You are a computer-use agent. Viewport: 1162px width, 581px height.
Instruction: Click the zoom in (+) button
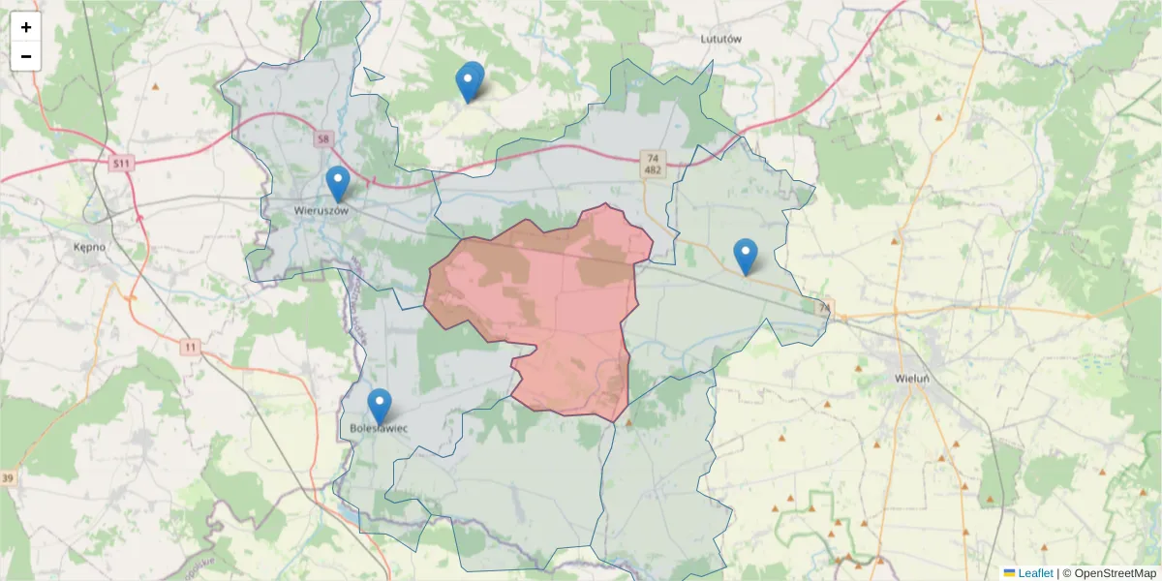pos(26,27)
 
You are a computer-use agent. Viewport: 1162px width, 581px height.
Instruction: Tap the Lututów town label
pos(719,40)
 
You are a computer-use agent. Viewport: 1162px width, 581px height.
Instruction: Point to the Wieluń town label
pos(911,378)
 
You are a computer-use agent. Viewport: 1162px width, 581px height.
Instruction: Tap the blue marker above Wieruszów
pos(337,182)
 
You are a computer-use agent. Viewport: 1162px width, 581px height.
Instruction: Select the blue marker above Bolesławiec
pos(380,405)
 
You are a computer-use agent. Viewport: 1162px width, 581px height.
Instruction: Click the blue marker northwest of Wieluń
pos(745,255)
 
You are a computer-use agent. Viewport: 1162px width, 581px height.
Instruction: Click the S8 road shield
pos(322,140)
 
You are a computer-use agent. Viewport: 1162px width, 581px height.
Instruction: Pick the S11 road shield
pos(120,164)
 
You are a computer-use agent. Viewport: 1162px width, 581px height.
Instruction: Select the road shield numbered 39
pos(8,478)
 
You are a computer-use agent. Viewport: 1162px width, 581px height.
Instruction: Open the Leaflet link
pos(1034,573)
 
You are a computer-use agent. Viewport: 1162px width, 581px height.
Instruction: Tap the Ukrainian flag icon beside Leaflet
pos(1010,573)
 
